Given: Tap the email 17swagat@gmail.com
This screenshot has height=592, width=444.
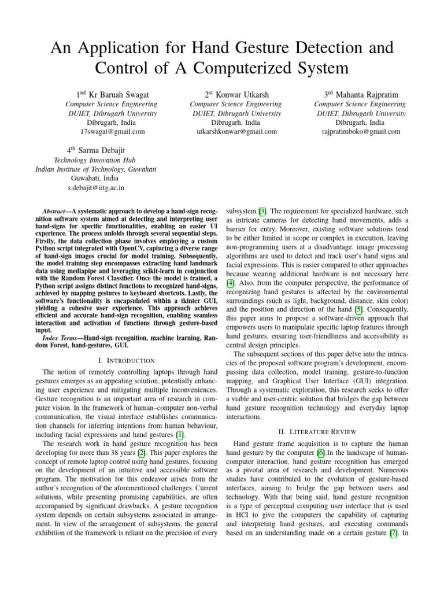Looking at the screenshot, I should (116, 132).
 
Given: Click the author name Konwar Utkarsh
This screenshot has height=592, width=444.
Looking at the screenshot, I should (243, 94).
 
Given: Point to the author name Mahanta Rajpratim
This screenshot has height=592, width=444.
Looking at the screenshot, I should (367, 94).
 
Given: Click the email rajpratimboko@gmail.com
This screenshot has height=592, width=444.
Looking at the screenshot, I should (361, 132).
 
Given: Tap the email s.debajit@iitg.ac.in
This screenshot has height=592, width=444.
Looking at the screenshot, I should (95, 188).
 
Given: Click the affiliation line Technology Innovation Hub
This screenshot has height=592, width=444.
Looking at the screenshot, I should (95, 160).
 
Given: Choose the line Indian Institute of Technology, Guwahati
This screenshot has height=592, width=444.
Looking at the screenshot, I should (95, 169).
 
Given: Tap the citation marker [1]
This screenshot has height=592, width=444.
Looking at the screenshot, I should (180, 435).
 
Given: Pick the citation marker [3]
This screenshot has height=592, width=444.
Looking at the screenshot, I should (262, 212).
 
